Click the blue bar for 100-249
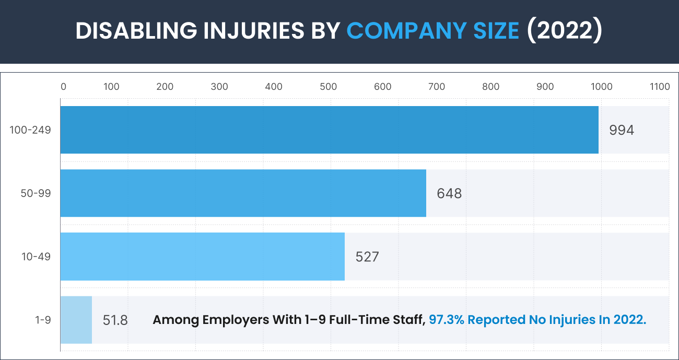[x=329, y=130]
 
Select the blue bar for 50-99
[x=243, y=193]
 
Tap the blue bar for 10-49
[x=202, y=257]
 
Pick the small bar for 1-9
[x=76, y=320]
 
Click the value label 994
[x=622, y=130]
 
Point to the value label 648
[x=449, y=193]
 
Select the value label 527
[x=367, y=257]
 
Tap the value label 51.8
[x=115, y=320]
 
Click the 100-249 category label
[x=30, y=130]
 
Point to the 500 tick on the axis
[x=328, y=87]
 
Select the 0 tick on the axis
[x=63, y=87]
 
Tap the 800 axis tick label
[x=491, y=87]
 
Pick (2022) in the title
[x=564, y=31]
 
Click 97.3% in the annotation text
[x=446, y=320]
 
